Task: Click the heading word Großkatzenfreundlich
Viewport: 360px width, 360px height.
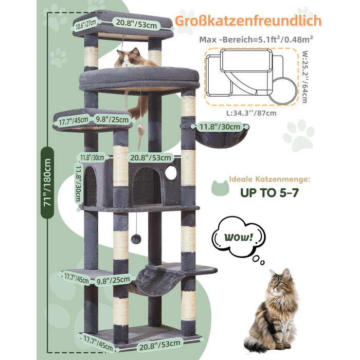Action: [x=248, y=21]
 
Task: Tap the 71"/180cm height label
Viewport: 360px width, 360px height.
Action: [x=47, y=183]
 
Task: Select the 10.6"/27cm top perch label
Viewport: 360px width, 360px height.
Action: [x=86, y=24]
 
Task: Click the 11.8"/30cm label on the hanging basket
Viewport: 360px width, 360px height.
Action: [x=220, y=127]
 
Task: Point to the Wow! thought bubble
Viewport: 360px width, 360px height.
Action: [x=238, y=237]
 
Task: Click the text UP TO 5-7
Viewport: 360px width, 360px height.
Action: [x=269, y=192]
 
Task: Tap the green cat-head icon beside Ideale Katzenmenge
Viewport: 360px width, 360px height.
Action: [x=220, y=188]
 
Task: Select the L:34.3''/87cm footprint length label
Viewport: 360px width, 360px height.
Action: [x=251, y=113]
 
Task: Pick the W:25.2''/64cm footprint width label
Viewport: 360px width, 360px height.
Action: [x=304, y=77]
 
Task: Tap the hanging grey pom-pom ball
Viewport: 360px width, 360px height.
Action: [x=136, y=239]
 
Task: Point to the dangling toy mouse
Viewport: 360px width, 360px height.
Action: [x=140, y=134]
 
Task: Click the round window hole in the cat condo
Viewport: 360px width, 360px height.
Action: [x=171, y=173]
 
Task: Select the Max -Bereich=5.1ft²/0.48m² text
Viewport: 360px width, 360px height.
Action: [x=256, y=39]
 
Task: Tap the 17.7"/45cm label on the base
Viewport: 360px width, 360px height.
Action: [x=98, y=343]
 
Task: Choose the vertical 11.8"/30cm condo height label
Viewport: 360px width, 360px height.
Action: [x=79, y=184]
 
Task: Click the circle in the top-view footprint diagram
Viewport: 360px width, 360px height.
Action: [x=283, y=91]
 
